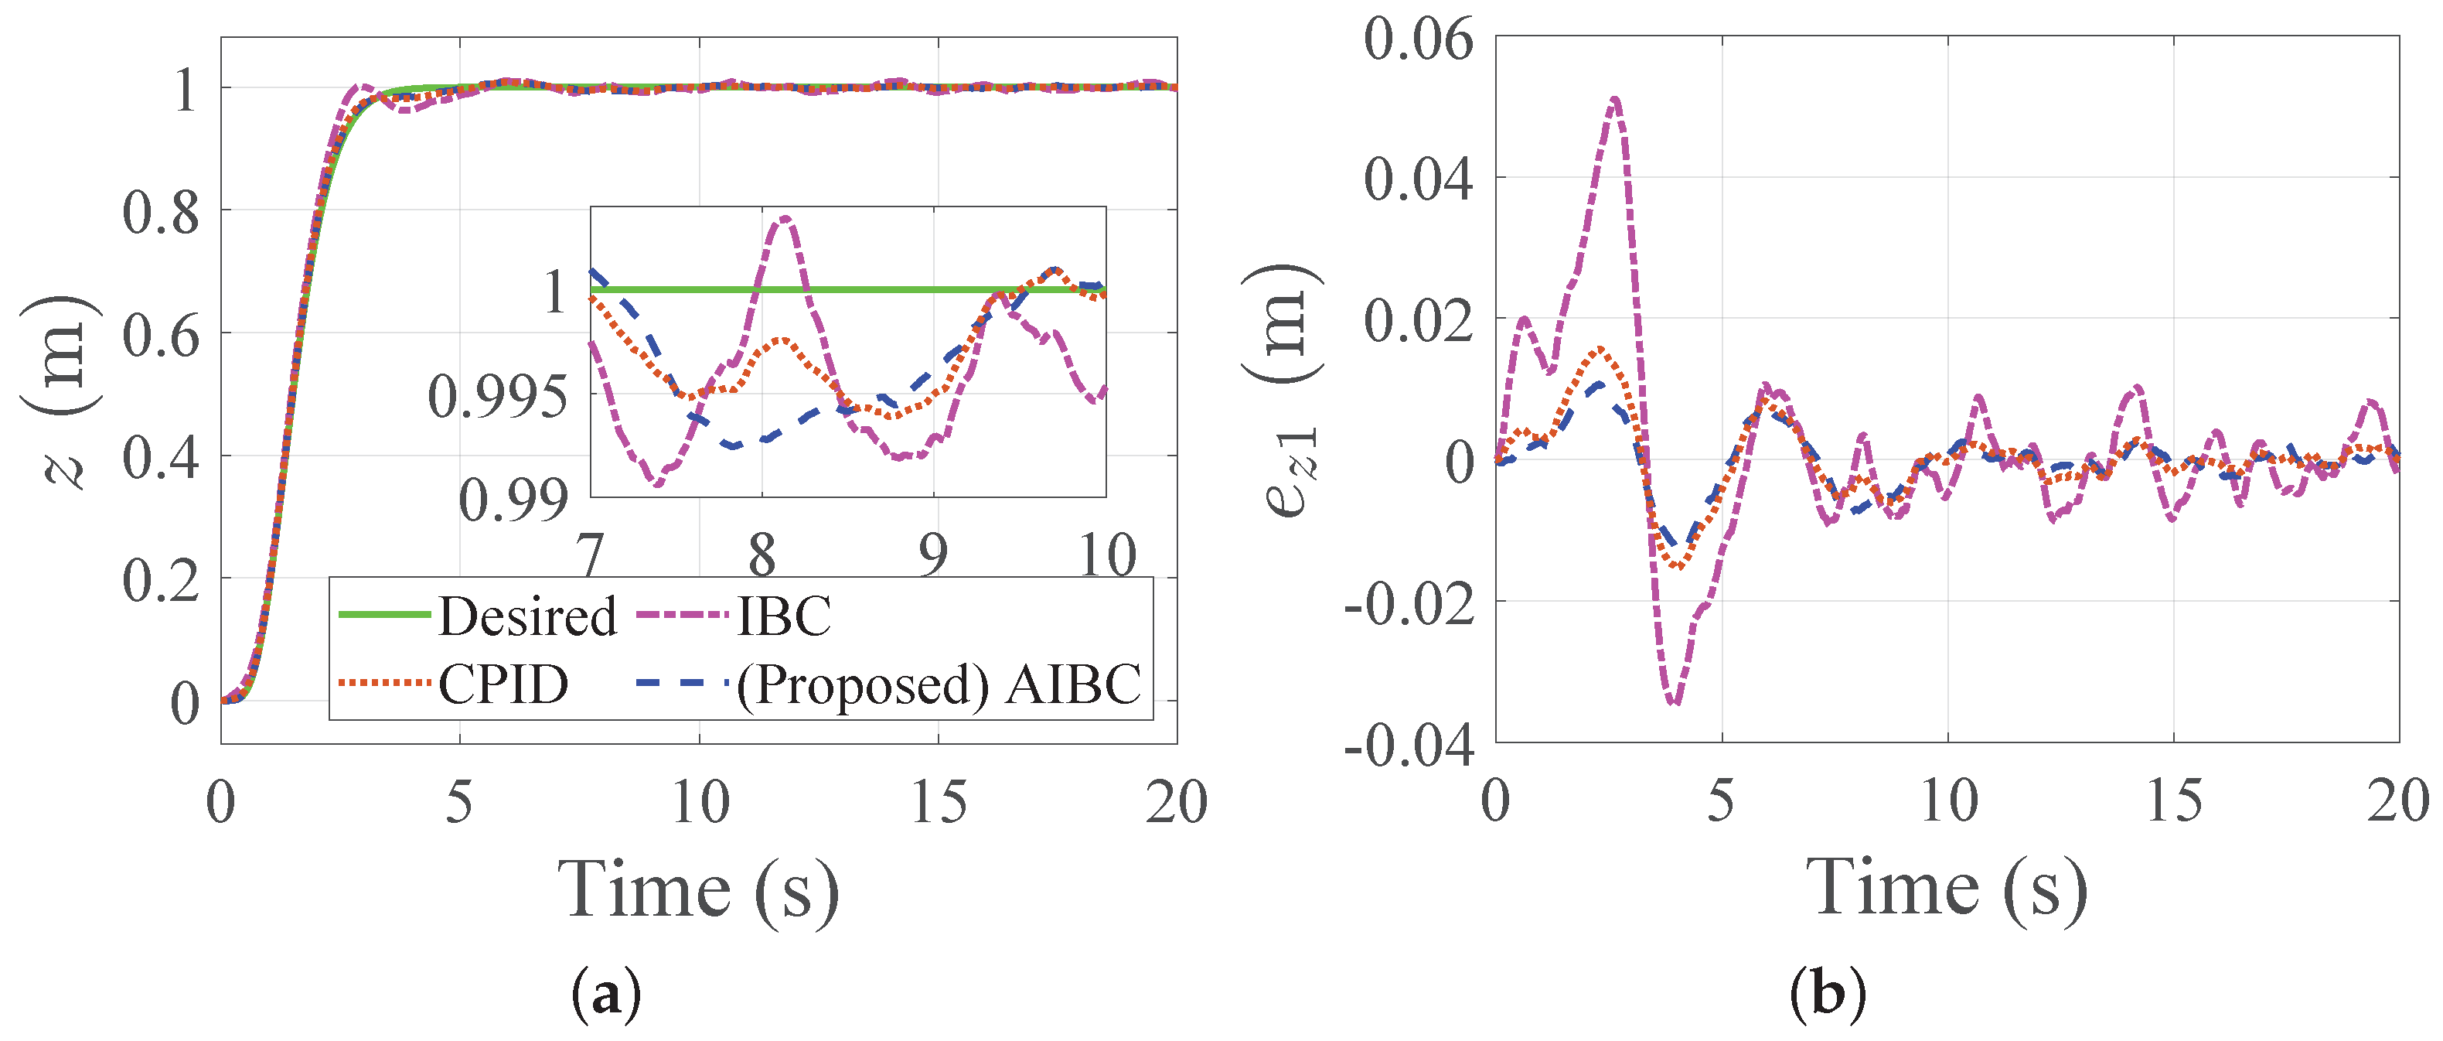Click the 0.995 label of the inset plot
click(x=498, y=396)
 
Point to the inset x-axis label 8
click(x=762, y=555)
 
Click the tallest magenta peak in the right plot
click(x=1615, y=100)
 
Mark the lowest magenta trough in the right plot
click(x=1675, y=702)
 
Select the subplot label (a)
click(x=607, y=994)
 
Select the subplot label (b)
click(x=1828, y=994)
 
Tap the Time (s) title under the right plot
click(x=1946, y=886)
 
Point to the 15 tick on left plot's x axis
click(x=938, y=802)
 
